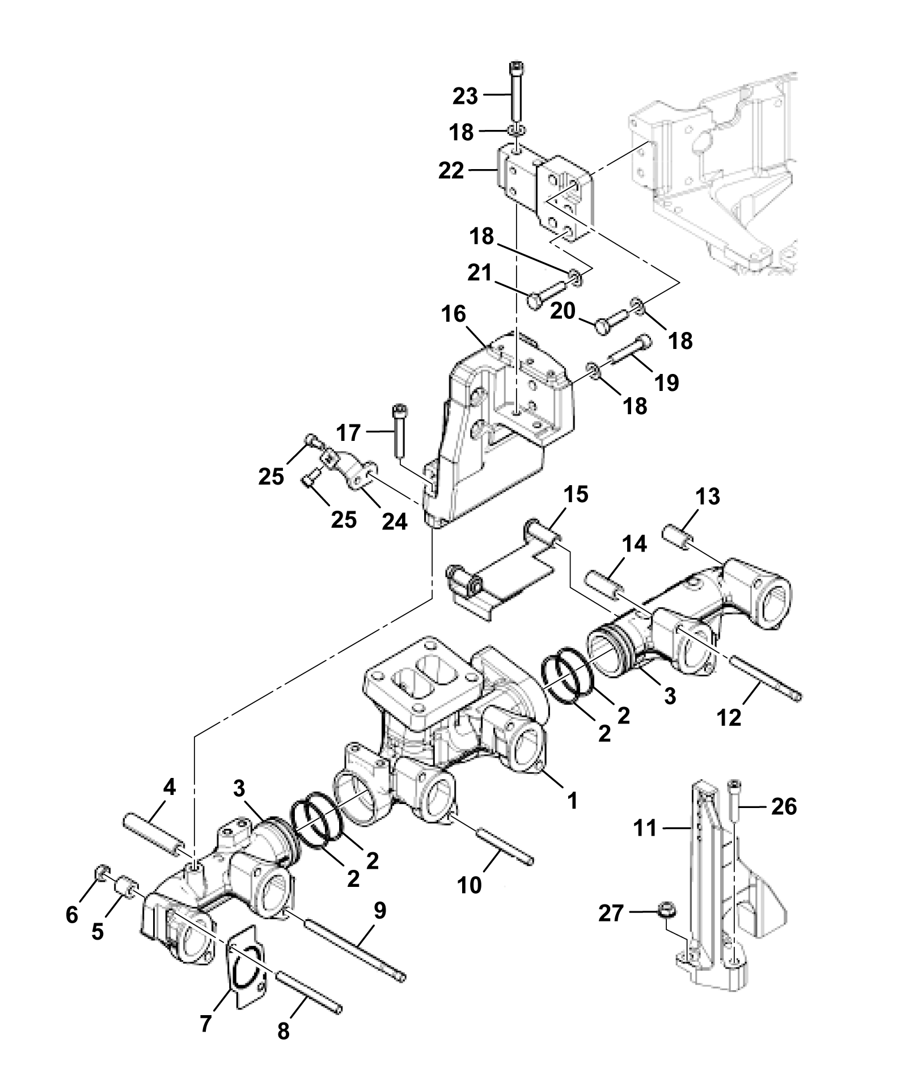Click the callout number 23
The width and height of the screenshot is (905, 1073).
(x=465, y=96)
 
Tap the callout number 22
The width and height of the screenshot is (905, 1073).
(x=451, y=170)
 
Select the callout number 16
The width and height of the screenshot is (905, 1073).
(x=453, y=314)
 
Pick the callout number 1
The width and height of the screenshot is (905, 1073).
(x=572, y=800)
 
